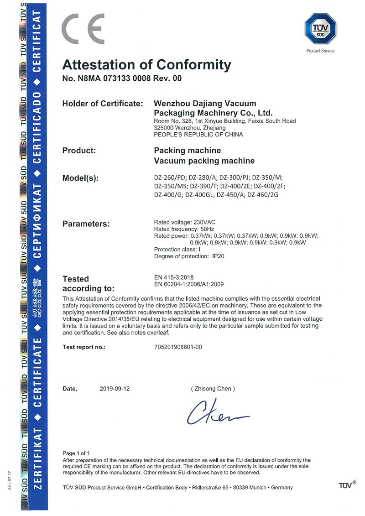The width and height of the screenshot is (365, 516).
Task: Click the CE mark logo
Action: (x=83, y=29)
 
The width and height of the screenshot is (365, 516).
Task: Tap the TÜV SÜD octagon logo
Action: (x=320, y=29)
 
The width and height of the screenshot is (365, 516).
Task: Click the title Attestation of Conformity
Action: (x=146, y=64)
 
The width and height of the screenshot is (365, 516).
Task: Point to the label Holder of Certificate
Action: (x=103, y=104)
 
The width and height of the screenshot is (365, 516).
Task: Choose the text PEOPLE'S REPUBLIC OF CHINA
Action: (x=198, y=135)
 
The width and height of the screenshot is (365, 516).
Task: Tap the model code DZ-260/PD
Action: (x=170, y=177)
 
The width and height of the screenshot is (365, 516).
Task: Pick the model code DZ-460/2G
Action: (x=263, y=194)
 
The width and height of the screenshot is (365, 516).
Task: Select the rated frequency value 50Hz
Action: (x=207, y=229)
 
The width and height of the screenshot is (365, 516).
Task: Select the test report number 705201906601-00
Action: (x=178, y=347)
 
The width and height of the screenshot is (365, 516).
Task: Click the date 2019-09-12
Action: (x=115, y=389)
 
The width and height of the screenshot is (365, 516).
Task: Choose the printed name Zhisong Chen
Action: (x=213, y=389)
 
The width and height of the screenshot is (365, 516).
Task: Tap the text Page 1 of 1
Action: (x=76, y=453)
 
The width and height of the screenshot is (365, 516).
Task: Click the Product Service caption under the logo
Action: (x=320, y=51)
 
